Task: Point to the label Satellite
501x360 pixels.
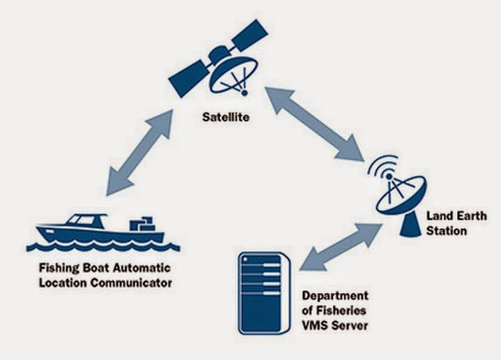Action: click(223, 119)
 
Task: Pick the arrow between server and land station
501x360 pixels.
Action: click(336, 245)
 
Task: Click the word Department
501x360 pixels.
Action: click(336, 296)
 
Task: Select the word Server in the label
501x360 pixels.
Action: click(349, 326)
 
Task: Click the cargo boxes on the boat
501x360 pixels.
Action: click(145, 223)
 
